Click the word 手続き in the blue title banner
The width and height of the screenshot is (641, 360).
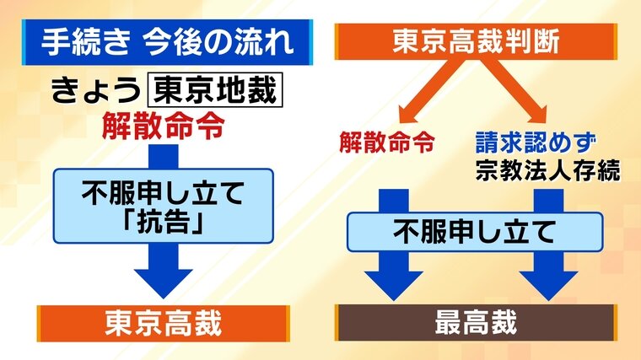[86, 42]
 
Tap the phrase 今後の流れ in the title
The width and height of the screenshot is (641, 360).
[218, 42]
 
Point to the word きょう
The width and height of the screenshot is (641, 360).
[95, 90]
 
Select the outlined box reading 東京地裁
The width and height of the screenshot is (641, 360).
[215, 90]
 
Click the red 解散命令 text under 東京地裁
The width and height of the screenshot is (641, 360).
[164, 126]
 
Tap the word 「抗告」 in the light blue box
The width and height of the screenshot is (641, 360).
[164, 223]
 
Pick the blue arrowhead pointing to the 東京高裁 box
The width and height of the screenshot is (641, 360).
[164, 283]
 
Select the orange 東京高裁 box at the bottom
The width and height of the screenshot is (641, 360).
[164, 323]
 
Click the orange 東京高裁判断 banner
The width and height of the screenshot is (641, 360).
[476, 41]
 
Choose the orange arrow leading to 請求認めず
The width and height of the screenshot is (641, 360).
[514, 91]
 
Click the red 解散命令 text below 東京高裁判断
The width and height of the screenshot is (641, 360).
[387, 142]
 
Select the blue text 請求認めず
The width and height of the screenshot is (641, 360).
[536, 142]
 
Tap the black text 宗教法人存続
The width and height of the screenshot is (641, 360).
[547, 170]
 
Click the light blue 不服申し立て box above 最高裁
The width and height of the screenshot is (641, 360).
[475, 232]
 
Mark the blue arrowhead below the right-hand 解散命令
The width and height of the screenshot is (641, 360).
[394, 286]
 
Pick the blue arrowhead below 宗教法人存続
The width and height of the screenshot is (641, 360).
[548, 286]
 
